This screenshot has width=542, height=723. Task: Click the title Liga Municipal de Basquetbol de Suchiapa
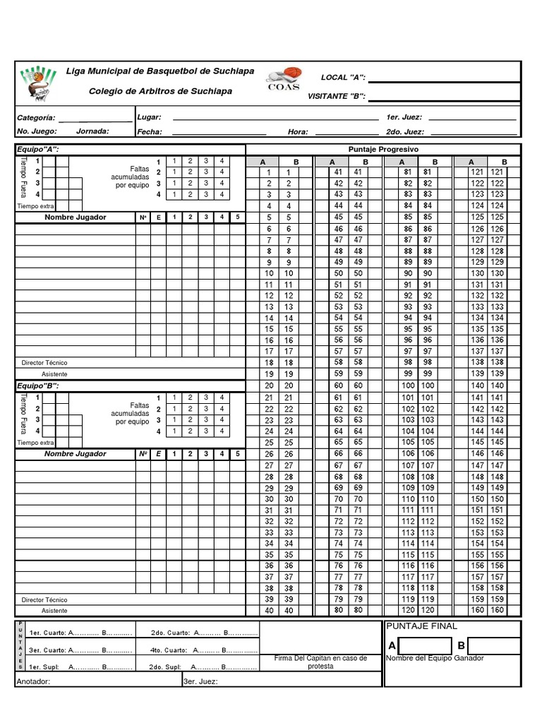click(x=160, y=71)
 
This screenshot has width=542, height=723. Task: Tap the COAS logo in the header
click(x=284, y=78)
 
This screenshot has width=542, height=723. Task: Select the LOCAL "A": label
click(x=343, y=77)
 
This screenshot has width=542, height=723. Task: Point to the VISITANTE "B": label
click(x=337, y=96)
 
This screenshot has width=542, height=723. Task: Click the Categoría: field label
click(x=36, y=117)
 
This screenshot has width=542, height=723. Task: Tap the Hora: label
click(x=298, y=132)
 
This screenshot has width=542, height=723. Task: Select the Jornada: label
click(x=92, y=131)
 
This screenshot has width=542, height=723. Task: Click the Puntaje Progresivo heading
click(x=383, y=150)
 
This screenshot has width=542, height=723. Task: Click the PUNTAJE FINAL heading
click(x=422, y=626)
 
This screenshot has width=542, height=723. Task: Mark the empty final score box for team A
click(x=424, y=645)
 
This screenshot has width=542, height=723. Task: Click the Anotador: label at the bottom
click(x=33, y=682)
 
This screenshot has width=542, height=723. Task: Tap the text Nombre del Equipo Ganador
click(x=435, y=658)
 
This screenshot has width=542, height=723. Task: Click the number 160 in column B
click(x=498, y=611)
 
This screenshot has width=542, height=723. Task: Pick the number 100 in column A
click(x=408, y=386)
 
